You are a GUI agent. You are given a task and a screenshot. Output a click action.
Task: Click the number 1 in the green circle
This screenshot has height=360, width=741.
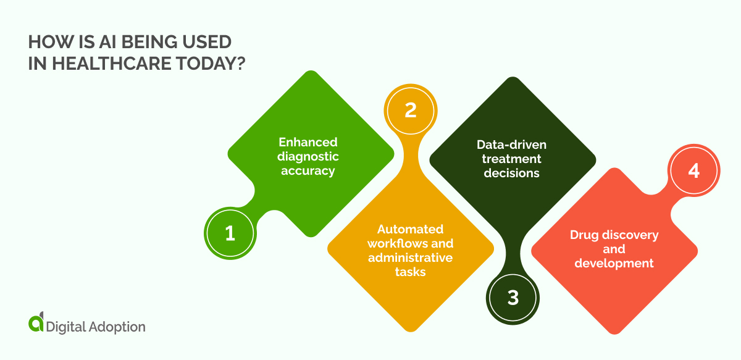[x=230, y=233]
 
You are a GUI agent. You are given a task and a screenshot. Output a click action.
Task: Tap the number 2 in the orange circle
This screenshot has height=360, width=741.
[x=410, y=110]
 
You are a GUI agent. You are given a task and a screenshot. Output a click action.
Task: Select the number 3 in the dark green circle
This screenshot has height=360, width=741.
[x=513, y=298]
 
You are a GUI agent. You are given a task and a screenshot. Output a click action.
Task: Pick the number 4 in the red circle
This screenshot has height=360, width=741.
[x=693, y=170]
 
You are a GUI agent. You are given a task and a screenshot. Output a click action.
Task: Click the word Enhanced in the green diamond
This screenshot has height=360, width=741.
[x=308, y=143]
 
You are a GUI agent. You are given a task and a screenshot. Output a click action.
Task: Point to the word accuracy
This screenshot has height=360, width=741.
[x=308, y=170]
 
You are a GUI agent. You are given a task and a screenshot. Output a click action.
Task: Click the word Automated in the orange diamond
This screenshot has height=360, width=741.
[x=410, y=228]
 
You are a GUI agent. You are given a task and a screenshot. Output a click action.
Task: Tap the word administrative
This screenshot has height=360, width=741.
[x=410, y=257]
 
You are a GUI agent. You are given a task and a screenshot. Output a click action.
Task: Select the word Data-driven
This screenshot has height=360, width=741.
[x=511, y=144]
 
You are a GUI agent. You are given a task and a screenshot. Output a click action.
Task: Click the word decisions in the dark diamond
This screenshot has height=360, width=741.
[x=511, y=173]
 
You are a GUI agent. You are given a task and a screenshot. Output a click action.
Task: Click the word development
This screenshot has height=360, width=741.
[x=614, y=263]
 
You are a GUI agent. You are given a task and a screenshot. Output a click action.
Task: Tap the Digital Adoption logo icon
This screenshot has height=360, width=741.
[x=36, y=323]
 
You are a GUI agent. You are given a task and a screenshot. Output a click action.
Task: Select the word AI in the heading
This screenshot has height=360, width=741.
[x=88, y=42]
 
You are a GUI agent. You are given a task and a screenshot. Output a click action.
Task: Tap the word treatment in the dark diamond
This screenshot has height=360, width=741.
[x=511, y=159]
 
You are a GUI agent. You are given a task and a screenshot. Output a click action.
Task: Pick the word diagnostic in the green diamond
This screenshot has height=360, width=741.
[x=308, y=157]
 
